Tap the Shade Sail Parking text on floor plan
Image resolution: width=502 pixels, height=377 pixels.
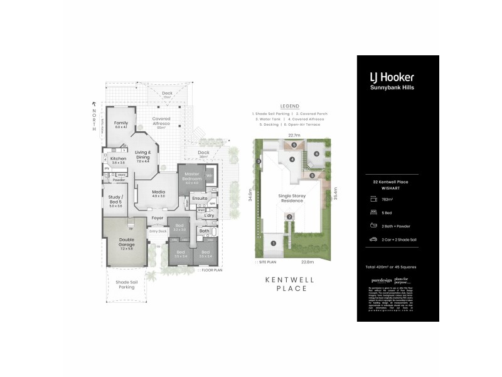coord(126,285)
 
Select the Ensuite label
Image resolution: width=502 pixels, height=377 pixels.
coord(200,198)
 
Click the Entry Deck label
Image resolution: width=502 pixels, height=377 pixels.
coord(158,231)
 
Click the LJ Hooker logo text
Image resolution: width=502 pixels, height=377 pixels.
coord(392,77)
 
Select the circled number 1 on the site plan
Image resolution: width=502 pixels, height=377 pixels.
coord(273,243)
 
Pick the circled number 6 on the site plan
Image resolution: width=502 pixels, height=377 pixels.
coord(316,153)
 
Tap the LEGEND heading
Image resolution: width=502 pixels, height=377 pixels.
coord(290,107)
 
